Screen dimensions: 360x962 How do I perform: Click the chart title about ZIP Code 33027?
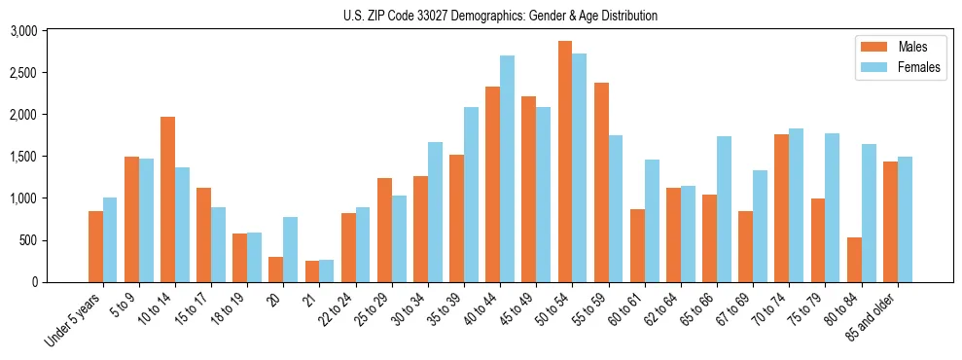click(x=500, y=16)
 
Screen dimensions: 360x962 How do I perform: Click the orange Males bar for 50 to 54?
click(x=565, y=162)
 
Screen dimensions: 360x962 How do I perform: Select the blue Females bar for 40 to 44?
click(x=508, y=169)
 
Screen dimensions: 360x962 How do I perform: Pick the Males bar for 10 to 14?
click(x=167, y=199)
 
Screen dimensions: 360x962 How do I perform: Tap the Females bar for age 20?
click(x=291, y=250)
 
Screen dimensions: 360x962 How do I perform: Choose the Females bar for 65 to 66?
click(x=724, y=209)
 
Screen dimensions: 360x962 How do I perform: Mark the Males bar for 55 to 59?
click(x=601, y=183)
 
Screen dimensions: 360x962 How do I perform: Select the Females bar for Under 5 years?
click(x=110, y=240)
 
